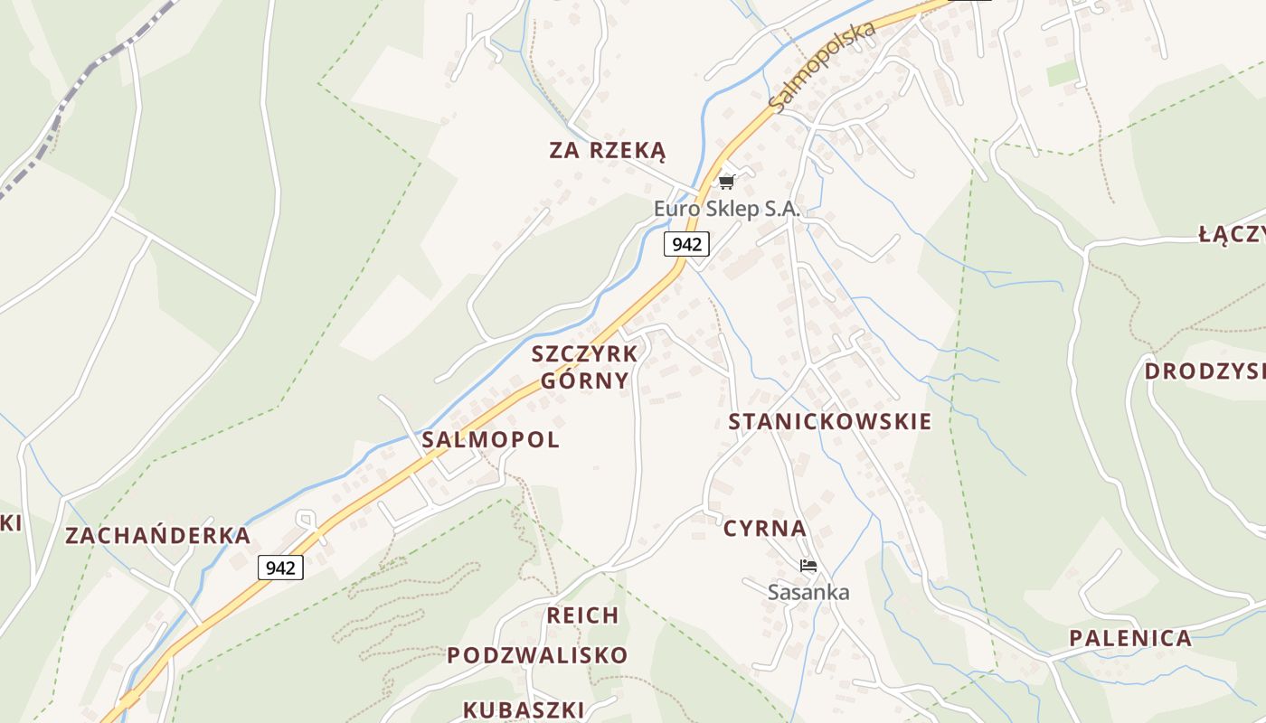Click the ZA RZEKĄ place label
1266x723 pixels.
pos(607,150)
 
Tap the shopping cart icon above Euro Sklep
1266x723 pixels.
pos(726,183)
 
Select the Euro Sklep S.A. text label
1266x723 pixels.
pos(727,209)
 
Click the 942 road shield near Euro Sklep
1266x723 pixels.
pos(686,243)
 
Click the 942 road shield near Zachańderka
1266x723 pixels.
pos(280,568)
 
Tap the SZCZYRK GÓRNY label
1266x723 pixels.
pos(585,366)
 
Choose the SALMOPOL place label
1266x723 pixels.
pos(491,440)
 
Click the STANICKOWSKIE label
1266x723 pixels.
pos(829,421)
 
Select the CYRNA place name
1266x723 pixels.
pos(764,529)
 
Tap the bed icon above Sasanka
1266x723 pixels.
pos(808,567)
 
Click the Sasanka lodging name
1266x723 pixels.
pos(808,593)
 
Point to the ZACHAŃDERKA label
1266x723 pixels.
pos(157,535)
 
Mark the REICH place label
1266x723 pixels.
pos(583,615)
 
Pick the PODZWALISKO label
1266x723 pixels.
pos(537,655)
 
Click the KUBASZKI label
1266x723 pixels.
pos(524,709)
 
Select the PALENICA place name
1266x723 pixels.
pos(1130,638)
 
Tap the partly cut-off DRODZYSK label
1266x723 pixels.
pos(1205,371)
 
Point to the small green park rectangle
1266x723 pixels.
pos(1063,73)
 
